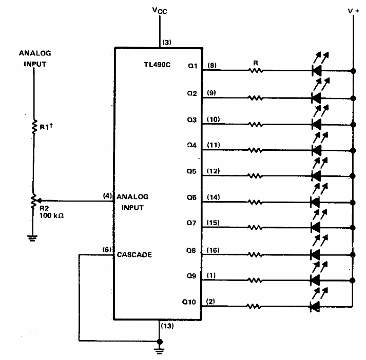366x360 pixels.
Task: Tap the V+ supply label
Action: point(354,10)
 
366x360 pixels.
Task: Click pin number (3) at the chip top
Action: point(166,43)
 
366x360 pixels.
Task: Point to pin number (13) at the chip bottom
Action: point(167,326)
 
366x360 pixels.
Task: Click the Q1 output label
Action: point(192,66)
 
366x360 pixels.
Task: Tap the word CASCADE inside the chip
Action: point(134,254)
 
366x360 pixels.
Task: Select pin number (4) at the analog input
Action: point(107,195)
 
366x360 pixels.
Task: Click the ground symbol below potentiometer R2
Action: point(33,237)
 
